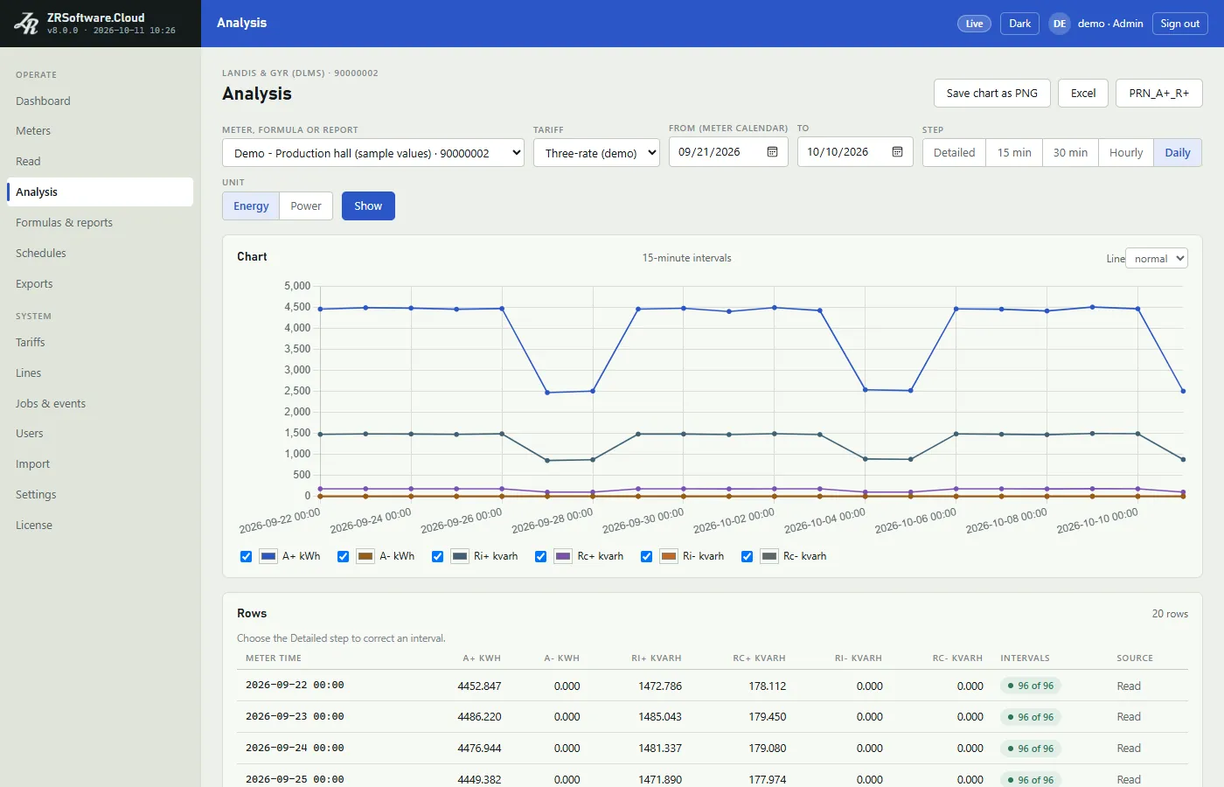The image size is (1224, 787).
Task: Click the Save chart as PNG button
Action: pos(991,93)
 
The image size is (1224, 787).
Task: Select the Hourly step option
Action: pos(1126,152)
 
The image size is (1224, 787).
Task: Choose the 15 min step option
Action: pos(1014,152)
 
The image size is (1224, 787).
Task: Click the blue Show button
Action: pos(368,206)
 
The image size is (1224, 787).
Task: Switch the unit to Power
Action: pos(305,206)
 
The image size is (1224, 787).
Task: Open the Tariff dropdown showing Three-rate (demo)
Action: pos(596,152)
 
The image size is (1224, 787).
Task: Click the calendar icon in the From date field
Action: pos(772,152)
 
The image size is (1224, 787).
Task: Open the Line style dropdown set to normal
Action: pos(1156,259)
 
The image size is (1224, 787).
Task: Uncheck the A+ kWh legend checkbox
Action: pos(246,556)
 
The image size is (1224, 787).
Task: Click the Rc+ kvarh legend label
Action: pos(600,556)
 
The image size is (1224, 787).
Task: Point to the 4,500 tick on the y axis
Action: pos(297,307)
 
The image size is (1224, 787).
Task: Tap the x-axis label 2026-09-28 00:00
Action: pos(552,520)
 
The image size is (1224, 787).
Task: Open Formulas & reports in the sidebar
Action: pos(64,222)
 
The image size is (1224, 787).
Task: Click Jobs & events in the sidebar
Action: pos(51,403)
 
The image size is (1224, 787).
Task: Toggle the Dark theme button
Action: pos(1019,24)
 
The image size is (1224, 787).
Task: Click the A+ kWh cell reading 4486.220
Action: pos(479,716)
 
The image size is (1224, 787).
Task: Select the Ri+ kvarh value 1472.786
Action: pos(660,686)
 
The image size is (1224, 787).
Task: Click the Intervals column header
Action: pos(1025,658)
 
